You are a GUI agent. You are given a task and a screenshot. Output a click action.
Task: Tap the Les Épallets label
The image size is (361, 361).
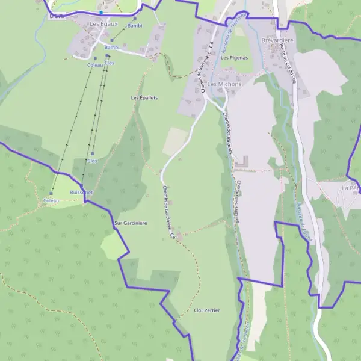(144, 97)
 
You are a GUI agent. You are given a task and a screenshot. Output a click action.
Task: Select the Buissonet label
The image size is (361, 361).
(81, 192)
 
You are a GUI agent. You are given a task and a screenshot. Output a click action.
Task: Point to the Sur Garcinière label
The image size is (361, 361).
(131, 223)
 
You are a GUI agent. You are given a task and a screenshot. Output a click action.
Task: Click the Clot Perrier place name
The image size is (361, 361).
(207, 310)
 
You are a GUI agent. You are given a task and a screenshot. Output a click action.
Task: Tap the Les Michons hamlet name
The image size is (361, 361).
(224, 84)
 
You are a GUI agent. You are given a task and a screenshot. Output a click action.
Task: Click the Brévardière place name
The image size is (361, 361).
(277, 40)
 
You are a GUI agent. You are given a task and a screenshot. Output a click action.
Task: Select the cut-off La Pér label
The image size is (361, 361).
(350, 188)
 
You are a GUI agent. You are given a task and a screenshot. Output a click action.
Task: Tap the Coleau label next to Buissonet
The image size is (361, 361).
(52, 200)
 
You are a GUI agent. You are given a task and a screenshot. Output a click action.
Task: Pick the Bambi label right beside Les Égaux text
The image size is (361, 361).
(135, 26)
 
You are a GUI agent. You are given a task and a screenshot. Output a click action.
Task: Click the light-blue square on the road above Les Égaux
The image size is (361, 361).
(102, 12)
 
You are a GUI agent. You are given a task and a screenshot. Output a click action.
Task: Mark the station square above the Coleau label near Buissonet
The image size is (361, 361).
(51, 193)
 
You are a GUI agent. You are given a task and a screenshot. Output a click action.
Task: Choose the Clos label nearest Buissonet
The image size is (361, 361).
(92, 161)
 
